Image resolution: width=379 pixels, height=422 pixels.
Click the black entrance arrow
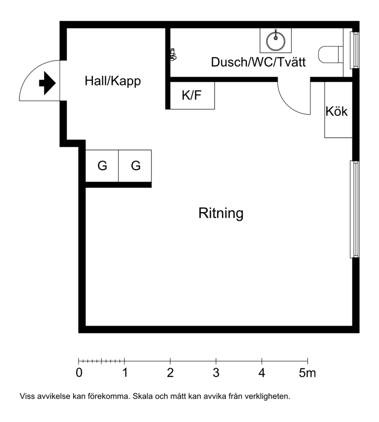click(x=47, y=83)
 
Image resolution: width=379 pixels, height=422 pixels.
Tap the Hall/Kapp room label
click(x=113, y=81)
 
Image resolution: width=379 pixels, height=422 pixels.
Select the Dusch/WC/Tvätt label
click(x=258, y=62)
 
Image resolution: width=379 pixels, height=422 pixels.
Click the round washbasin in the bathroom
click(x=276, y=41)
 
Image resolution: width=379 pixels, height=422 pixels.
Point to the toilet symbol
click(x=331, y=54)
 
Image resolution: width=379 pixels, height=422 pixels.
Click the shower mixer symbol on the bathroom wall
click(x=173, y=54)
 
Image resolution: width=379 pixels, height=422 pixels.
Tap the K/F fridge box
click(x=192, y=96)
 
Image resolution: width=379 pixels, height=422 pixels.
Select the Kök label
click(x=336, y=111)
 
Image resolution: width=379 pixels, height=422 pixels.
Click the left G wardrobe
click(x=102, y=166)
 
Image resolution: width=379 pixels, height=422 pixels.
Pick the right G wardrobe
click(x=135, y=166)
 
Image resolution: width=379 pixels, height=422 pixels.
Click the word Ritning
click(x=221, y=213)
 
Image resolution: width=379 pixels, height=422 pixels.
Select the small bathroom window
click(x=354, y=50)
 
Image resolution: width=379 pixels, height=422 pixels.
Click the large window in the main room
click(x=354, y=209)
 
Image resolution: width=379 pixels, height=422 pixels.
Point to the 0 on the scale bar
click(x=79, y=373)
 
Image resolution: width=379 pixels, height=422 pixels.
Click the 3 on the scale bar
click(x=216, y=373)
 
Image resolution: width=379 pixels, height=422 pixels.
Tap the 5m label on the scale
click(x=307, y=373)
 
